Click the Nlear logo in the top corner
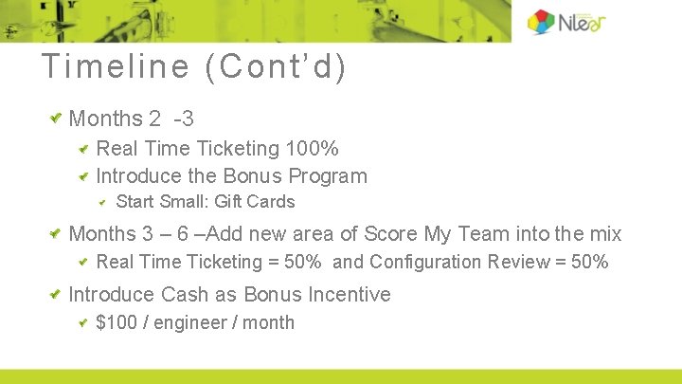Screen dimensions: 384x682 [565, 22]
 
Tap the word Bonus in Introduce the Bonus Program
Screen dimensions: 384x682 [250, 175]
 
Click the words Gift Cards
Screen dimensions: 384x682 [255, 201]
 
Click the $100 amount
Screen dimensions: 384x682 [117, 322]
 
